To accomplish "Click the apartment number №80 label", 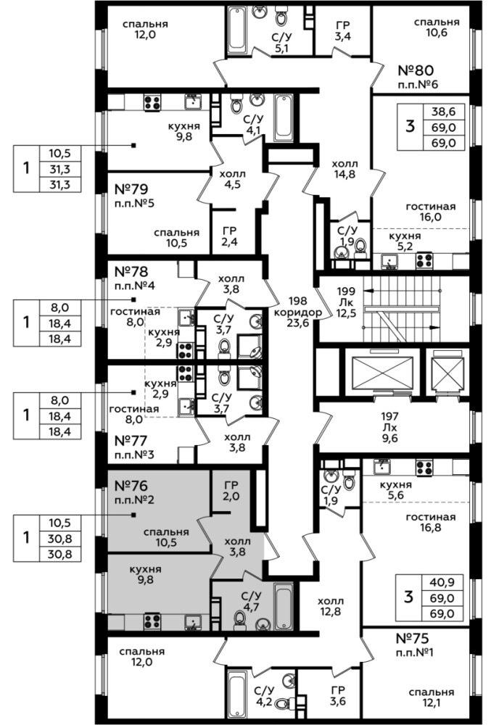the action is point(416,70).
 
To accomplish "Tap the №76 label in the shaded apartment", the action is point(131,486).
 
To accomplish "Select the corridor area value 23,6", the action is point(297,323).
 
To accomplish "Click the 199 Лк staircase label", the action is point(346,297).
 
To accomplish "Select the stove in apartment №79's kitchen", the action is point(152,102).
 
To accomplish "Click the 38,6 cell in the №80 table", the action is point(444,112).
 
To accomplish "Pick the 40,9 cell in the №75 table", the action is point(442,582).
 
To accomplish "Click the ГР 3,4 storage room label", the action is point(342,31).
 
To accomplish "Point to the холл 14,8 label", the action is point(345,169).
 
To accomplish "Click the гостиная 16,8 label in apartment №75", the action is point(431,522).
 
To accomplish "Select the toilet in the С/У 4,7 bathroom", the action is point(239,619).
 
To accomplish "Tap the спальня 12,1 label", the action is point(431,697).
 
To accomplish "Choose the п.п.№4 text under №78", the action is point(135,285).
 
